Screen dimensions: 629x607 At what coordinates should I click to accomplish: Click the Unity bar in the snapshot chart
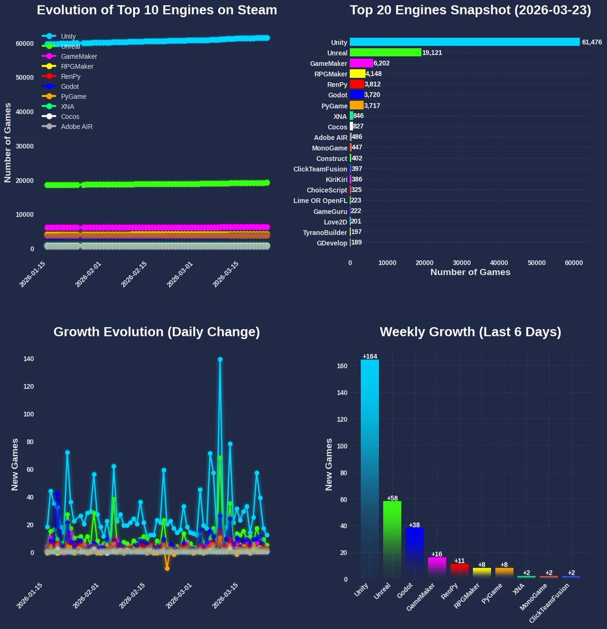pos(464,42)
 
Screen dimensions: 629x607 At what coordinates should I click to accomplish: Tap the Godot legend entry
pos(70,86)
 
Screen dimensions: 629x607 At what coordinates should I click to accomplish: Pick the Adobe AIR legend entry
pos(76,126)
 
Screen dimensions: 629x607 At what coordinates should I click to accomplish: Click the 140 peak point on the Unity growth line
pos(220,360)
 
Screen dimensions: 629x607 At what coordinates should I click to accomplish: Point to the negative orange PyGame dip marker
pos(167,568)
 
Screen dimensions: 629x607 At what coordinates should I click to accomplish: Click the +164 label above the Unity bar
pos(370,356)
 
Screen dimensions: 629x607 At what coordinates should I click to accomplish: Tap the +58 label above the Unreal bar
pos(392,498)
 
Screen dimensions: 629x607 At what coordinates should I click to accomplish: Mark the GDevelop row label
pos(332,243)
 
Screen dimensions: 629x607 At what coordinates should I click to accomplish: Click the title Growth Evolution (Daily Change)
pos(157,332)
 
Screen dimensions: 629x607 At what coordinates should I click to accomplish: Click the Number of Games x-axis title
pos(470,272)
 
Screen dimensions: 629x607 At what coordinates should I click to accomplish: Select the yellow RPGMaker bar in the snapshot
pos(357,74)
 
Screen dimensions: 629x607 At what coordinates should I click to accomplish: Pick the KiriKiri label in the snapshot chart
pos(333,179)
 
